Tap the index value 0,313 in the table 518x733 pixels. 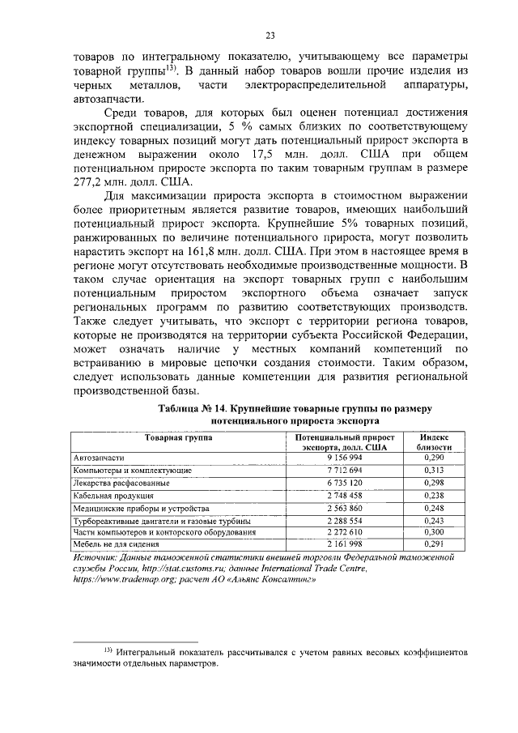click(x=434, y=470)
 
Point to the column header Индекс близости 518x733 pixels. click(x=434, y=441)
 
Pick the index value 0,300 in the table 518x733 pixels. click(x=434, y=533)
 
